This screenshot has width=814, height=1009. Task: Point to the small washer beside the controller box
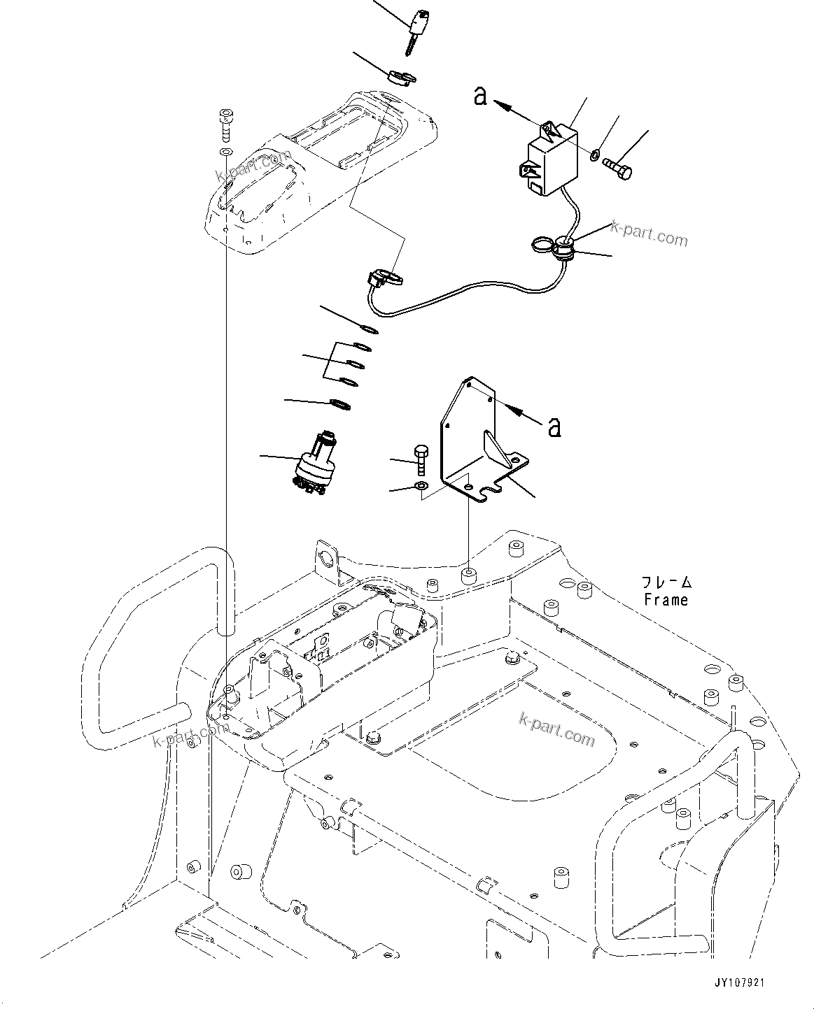[x=594, y=153]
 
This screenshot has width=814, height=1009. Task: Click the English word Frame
[x=666, y=599]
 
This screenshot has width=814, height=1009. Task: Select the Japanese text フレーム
[x=666, y=582]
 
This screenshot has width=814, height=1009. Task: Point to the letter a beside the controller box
[x=480, y=95]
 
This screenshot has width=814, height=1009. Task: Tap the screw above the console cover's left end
[x=225, y=124]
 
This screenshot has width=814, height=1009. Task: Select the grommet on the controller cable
[x=564, y=247]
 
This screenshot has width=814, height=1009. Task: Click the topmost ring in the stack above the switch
[x=369, y=329]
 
